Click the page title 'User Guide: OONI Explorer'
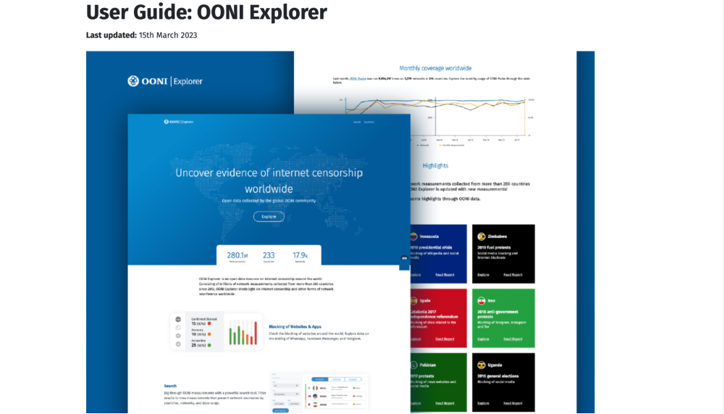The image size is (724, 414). click(x=206, y=12)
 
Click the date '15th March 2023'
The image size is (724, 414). click(x=168, y=35)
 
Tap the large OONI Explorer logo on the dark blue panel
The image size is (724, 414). click(x=165, y=81)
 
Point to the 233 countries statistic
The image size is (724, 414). click(x=269, y=256)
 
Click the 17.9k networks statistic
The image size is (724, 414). click(x=300, y=256)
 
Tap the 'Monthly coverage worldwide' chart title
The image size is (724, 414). click(x=435, y=68)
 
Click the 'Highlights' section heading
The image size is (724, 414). click(x=435, y=166)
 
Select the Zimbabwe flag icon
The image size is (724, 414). click(x=481, y=236)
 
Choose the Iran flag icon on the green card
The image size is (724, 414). click(x=481, y=300)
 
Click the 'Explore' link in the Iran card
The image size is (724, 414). click(x=483, y=339)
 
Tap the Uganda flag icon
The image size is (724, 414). click(x=481, y=365)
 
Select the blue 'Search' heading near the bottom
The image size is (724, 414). click(x=170, y=386)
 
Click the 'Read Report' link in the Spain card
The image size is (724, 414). click(x=445, y=339)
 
